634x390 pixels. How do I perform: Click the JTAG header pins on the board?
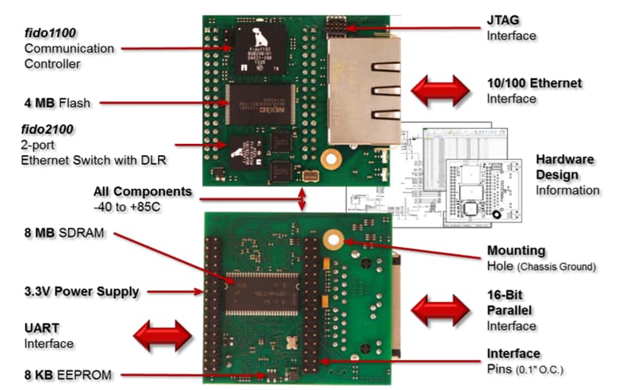[338, 28]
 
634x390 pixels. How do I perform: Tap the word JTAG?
[503, 20]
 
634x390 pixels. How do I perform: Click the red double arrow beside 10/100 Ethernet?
[439, 90]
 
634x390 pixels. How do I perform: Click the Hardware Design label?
[567, 166]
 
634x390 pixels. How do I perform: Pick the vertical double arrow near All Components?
[301, 199]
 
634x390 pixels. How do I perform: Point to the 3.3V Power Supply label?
[76, 292]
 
